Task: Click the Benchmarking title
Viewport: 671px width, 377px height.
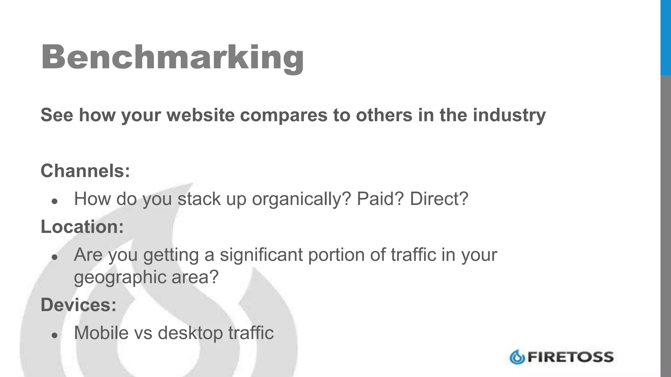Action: [172, 57]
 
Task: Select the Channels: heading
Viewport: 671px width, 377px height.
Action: [85, 171]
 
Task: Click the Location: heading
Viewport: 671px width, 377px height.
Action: [82, 226]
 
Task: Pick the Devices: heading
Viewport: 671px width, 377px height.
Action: [79, 305]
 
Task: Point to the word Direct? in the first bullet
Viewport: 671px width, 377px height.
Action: [439, 199]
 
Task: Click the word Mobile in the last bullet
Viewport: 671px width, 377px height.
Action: [101, 333]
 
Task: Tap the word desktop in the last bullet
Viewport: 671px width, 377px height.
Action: [190, 333]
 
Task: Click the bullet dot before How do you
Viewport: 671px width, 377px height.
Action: [55, 201]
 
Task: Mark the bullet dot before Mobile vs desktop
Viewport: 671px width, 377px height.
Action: [55, 335]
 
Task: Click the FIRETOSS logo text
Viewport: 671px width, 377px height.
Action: [570, 357]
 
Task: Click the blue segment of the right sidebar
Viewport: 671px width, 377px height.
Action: [665, 38]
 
